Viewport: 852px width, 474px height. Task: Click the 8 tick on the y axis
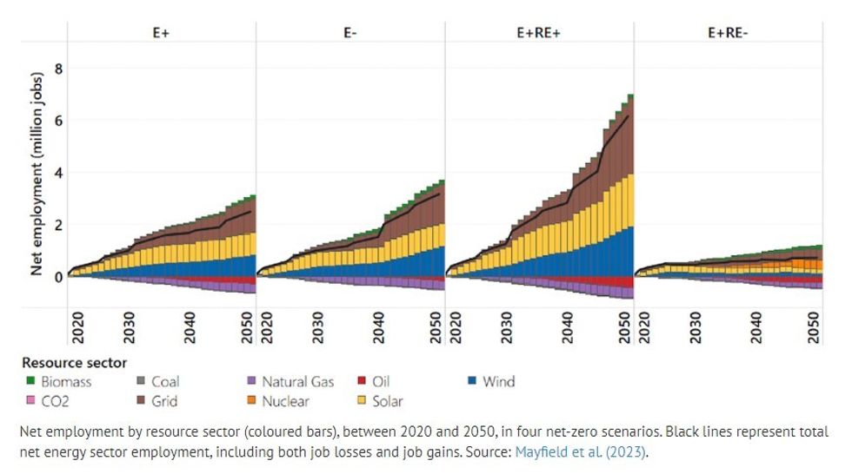(58, 68)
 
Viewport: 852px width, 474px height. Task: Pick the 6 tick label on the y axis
(58, 120)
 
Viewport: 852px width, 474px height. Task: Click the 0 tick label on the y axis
(58, 277)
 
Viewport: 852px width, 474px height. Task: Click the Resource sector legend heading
(74, 363)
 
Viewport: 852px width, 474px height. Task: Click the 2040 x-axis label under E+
(190, 329)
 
